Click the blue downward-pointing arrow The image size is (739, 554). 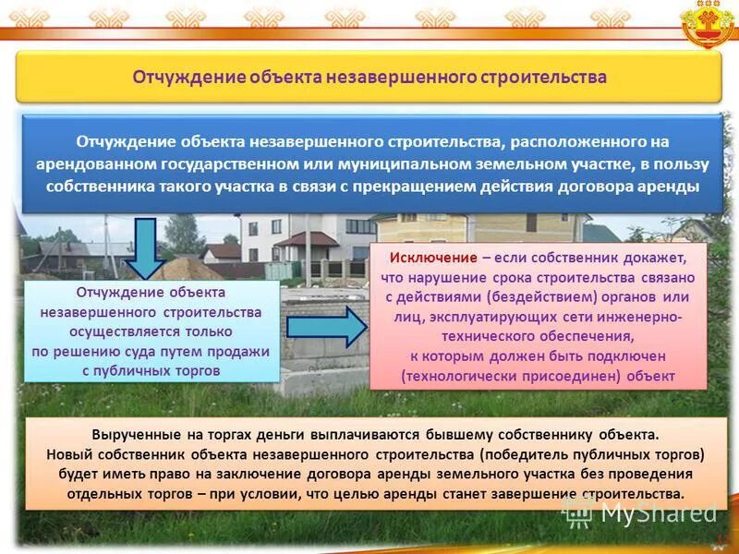tap(144, 247)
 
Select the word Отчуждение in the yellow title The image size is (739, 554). tap(188, 76)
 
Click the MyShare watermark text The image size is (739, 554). tap(658, 512)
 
